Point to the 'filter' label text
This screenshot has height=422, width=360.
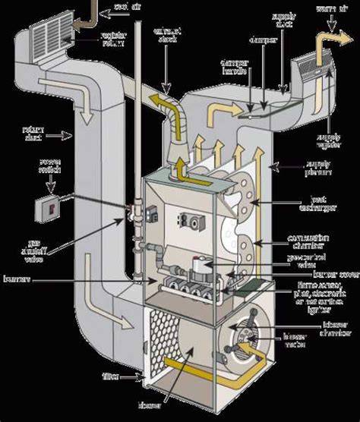pos(110,375)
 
